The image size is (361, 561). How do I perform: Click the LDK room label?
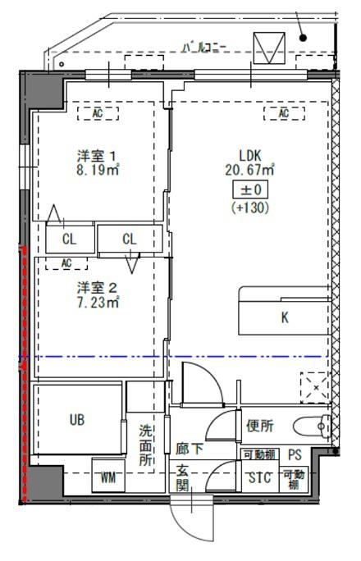(249, 155)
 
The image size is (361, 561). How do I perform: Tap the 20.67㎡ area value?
(249, 170)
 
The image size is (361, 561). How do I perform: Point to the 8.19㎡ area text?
(98, 171)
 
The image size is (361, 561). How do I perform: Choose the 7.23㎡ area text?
(98, 303)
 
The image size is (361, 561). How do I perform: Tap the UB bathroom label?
(76, 420)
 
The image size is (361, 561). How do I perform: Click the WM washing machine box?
(108, 477)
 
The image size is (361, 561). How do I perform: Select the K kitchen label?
(285, 318)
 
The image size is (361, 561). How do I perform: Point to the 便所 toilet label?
(259, 426)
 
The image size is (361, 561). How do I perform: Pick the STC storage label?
(260, 477)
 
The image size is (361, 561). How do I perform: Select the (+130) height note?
(249, 208)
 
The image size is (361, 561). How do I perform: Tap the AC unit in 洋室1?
(98, 113)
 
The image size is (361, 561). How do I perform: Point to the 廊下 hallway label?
(190, 449)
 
